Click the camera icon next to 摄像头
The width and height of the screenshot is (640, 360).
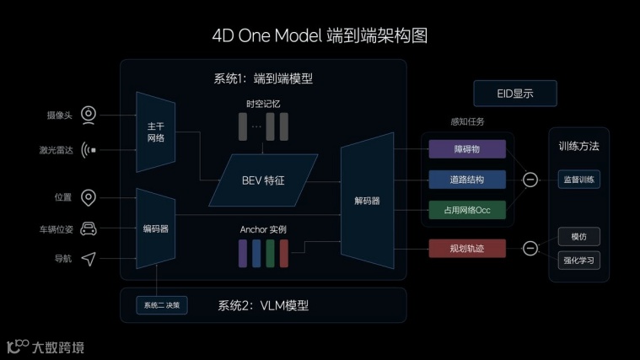click(x=89, y=115)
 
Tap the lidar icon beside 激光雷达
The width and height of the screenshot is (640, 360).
click(x=89, y=150)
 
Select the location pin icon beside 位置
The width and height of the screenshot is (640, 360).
click(x=89, y=197)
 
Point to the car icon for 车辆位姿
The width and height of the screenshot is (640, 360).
click(x=89, y=228)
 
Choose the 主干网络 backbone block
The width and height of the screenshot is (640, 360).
click(x=155, y=132)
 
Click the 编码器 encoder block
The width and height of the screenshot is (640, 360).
click(x=155, y=228)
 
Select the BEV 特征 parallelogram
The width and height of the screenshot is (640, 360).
click(x=263, y=180)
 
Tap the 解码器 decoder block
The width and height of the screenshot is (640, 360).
click(x=367, y=201)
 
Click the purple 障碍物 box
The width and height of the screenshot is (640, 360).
click(x=466, y=149)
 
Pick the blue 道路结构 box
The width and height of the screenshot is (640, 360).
click(x=466, y=180)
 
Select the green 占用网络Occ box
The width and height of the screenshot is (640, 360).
click(x=466, y=210)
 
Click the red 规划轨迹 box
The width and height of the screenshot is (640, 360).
click(x=466, y=248)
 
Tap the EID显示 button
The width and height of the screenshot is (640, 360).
click(x=514, y=93)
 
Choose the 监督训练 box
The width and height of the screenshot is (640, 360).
click(x=579, y=180)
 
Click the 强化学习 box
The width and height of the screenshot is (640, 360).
click(x=579, y=260)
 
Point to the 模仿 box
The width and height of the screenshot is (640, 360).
click(x=579, y=237)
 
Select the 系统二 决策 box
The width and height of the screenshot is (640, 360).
click(x=162, y=304)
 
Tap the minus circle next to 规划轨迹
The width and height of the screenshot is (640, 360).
click(x=530, y=248)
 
